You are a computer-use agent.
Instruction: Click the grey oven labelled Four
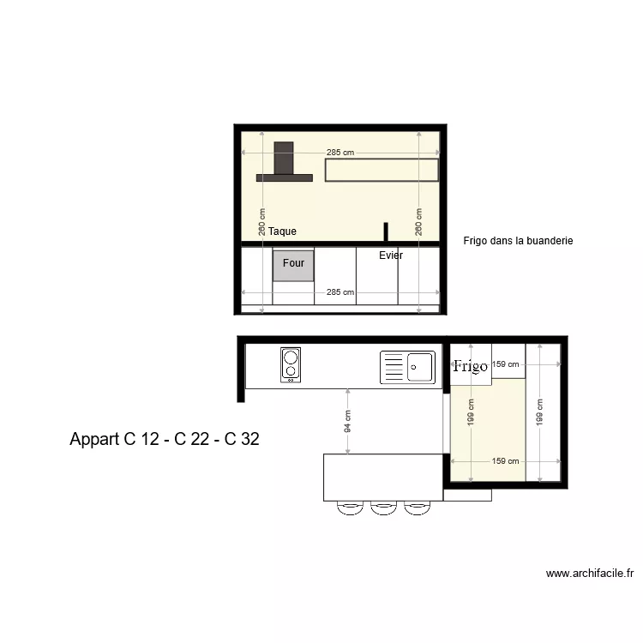point(293,265)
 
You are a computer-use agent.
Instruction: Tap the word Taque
point(282,231)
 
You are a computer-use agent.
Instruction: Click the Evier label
point(391,255)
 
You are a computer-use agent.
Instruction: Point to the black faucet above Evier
point(386,232)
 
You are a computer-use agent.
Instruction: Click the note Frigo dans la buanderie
point(517,242)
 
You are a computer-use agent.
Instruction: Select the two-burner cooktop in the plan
point(291,365)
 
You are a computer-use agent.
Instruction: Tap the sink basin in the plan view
point(420,367)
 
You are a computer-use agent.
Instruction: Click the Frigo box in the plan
point(471,366)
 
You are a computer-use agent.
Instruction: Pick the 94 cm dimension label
point(348,420)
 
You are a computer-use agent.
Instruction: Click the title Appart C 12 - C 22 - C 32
point(165,440)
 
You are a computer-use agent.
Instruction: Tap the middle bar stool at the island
point(382,508)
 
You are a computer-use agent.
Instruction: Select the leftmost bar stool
point(350,508)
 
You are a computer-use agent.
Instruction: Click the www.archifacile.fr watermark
point(589,574)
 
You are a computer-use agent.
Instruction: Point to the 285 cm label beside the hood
point(340,153)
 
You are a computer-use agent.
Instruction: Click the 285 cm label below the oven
point(340,292)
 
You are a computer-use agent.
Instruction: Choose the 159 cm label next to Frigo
point(505,364)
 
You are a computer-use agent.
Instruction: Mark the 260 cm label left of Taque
point(262,224)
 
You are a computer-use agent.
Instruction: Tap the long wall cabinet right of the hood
point(382,171)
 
